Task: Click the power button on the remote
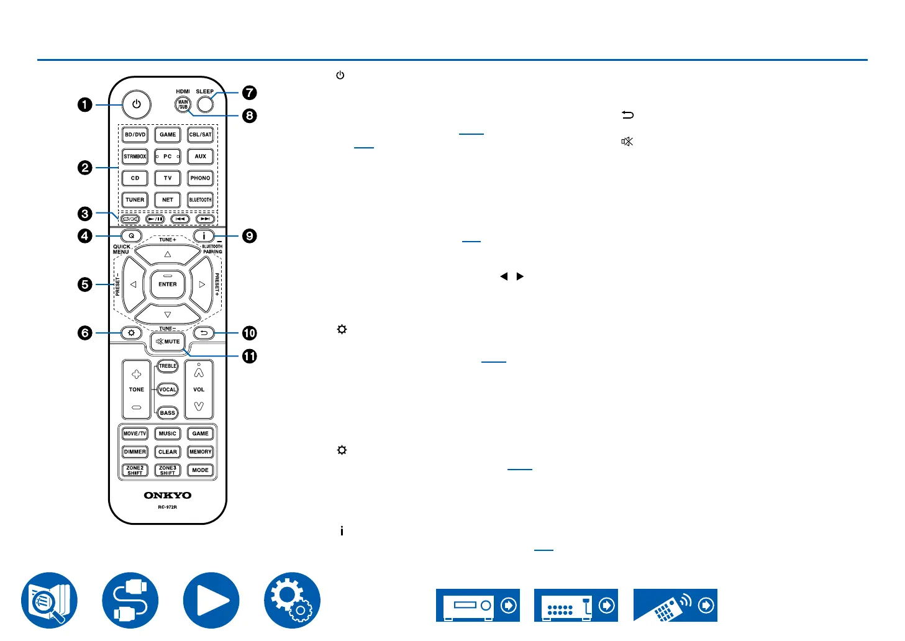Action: point(137,104)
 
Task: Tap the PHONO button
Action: point(200,178)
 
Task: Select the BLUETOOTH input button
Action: point(200,200)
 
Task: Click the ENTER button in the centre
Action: point(168,284)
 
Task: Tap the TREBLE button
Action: point(168,366)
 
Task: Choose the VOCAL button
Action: point(168,389)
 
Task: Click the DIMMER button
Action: point(135,452)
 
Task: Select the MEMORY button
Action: point(200,452)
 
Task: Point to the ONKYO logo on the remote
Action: point(168,496)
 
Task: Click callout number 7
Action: point(249,93)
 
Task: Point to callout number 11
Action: point(249,356)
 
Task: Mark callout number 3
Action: point(85,214)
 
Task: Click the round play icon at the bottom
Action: point(211,601)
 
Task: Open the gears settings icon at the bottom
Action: point(292,601)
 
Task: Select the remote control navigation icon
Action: point(675,606)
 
